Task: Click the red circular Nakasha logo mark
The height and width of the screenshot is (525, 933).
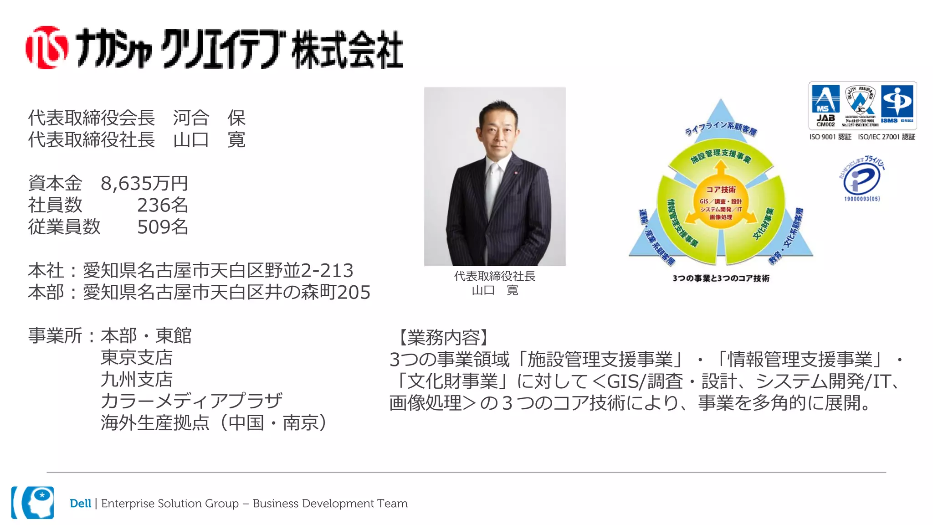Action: (x=47, y=47)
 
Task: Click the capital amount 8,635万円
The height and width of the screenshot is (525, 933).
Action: (x=144, y=183)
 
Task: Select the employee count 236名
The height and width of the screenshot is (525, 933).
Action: (x=163, y=205)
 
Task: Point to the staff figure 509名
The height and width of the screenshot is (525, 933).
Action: (x=163, y=227)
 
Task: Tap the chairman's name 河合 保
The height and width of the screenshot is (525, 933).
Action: (x=209, y=118)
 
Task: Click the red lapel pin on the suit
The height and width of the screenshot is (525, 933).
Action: (x=516, y=173)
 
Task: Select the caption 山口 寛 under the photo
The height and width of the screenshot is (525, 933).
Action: (x=495, y=290)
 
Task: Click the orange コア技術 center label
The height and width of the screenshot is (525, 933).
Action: (x=721, y=190)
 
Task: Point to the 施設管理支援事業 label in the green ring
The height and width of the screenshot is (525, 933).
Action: (x=720, y=155)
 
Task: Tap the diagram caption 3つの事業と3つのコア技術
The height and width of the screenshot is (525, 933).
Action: (x=721, y=278)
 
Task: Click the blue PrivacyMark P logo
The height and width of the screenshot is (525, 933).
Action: (x=861, y=180)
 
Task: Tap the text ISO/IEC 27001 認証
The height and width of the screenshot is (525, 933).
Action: (x=887, y=137)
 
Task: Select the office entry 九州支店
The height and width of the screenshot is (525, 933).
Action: (x=137, y=379)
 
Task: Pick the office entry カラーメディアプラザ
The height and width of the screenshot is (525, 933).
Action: (x=191, y=401)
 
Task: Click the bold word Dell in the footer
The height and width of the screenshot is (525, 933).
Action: (x=80, y=503)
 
